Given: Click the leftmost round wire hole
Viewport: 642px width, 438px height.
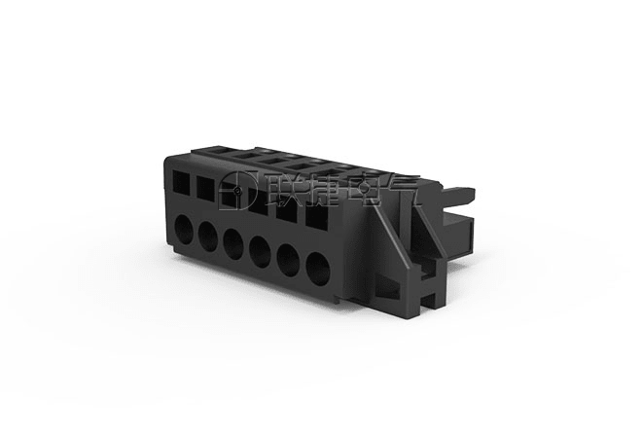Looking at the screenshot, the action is tap(184, 231).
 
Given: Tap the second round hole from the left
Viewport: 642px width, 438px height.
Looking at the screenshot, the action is tap(208, 237).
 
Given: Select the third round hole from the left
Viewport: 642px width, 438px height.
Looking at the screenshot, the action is tap(233, 244).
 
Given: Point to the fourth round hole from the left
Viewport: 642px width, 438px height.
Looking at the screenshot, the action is tap(260, 252).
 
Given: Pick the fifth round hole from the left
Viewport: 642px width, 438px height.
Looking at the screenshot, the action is tap(288, 261).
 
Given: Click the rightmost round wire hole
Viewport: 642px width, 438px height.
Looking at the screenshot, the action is tap(318, 270).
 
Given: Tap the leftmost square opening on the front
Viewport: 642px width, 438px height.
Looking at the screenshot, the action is tap(181, 182).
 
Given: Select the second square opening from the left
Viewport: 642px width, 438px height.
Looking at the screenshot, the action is tap(205, 189).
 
